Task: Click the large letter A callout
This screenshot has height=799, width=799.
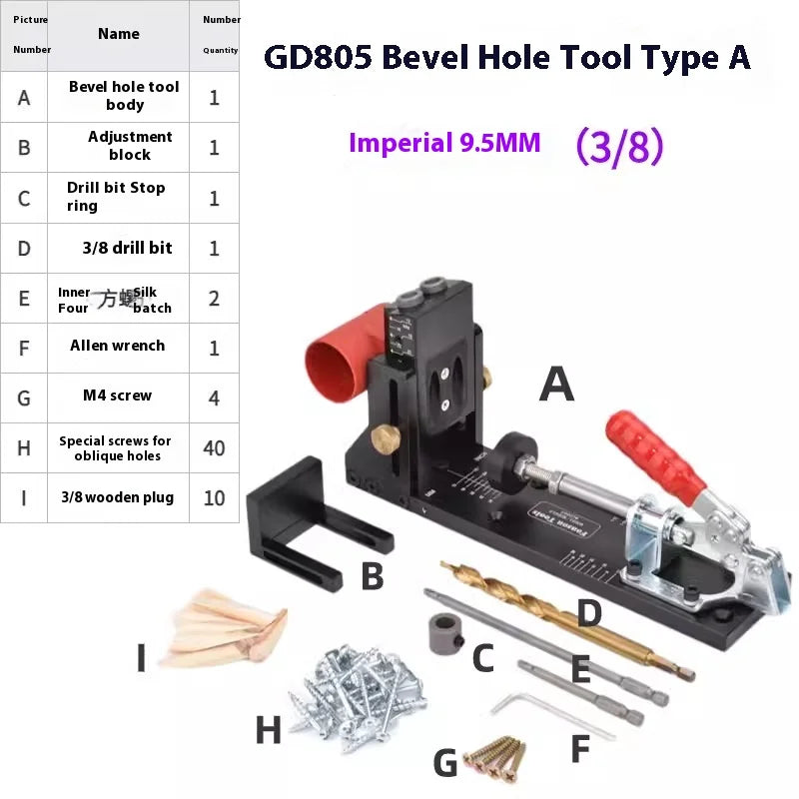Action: pyautogui.click(x=556, y=385)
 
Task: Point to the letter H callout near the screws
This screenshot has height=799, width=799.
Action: pyautogui.click(x=268, y=731)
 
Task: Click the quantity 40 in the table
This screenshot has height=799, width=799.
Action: pyautogui.click(x=214, y=447)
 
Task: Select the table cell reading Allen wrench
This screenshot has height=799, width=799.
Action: pyautogui.click(x=118, y=346)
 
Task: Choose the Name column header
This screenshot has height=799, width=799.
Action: pyautogui.click(x=118, y=34)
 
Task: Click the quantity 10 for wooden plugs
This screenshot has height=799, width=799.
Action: pyautogui.click(x=214, y=497)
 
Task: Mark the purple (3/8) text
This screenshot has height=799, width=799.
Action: pyautogui.click(x=619, y=146)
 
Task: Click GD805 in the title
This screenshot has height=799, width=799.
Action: pyautogui.click(x=317, y=57)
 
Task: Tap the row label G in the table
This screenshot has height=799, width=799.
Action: pyautogui.click(x=24, y=398)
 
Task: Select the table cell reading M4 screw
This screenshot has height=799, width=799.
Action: pyautogui.click(x=118, y=396)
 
